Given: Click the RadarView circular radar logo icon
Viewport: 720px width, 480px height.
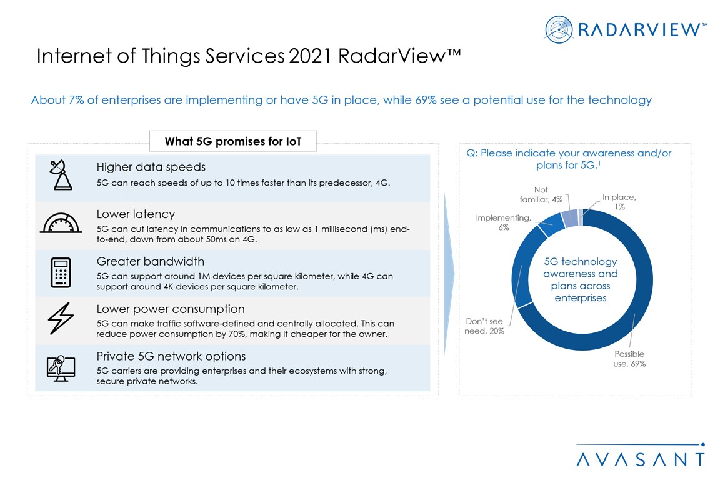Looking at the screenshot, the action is [x=559, y=29].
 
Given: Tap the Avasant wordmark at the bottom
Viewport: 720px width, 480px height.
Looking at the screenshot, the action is [x=641, y=459].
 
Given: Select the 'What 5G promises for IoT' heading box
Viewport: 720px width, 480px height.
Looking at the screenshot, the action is [x=232, y=141].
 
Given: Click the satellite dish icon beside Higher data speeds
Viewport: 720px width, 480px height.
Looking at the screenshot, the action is [x=61, y=175].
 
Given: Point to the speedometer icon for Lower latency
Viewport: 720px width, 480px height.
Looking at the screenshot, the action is [x=61, y=223].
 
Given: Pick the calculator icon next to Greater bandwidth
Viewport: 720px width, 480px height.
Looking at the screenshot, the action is [x=61, y=272].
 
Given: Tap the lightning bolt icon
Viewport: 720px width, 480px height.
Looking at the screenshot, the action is [x=61, y=318].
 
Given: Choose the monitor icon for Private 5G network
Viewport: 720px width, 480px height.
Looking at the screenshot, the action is [x=61, y=368].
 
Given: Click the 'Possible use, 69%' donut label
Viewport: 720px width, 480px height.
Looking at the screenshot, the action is [x=629, y=359].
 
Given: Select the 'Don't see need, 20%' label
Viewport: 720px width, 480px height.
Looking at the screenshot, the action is [x=484, y=326].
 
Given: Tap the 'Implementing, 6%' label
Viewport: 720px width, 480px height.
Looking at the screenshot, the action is [x=503, y=222].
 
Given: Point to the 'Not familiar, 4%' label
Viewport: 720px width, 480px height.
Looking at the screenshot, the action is [x=541, y=194].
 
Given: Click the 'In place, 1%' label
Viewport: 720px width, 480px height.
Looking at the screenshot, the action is [x=619, y=202].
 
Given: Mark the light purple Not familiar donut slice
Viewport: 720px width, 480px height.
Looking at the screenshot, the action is [x=570, y=218].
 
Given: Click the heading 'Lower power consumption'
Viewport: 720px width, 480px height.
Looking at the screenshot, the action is [x=171, y=309].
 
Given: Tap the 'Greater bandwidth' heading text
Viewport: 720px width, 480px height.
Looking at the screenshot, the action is [x=150, y=261].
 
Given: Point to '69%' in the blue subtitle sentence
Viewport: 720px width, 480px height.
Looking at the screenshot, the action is [x=426, y=99].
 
